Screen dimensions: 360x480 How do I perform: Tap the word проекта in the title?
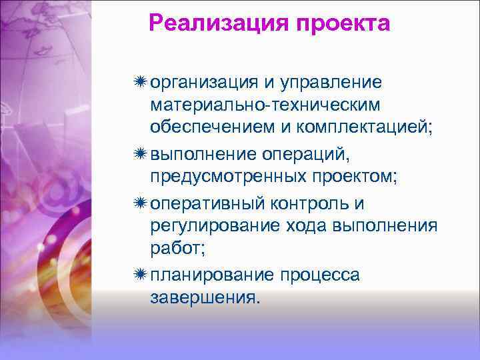pos(339,23)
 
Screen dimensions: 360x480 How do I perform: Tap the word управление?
pos(331,82)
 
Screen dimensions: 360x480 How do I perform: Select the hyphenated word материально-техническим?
pos(265,105)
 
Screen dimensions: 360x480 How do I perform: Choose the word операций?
pos(316,155)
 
